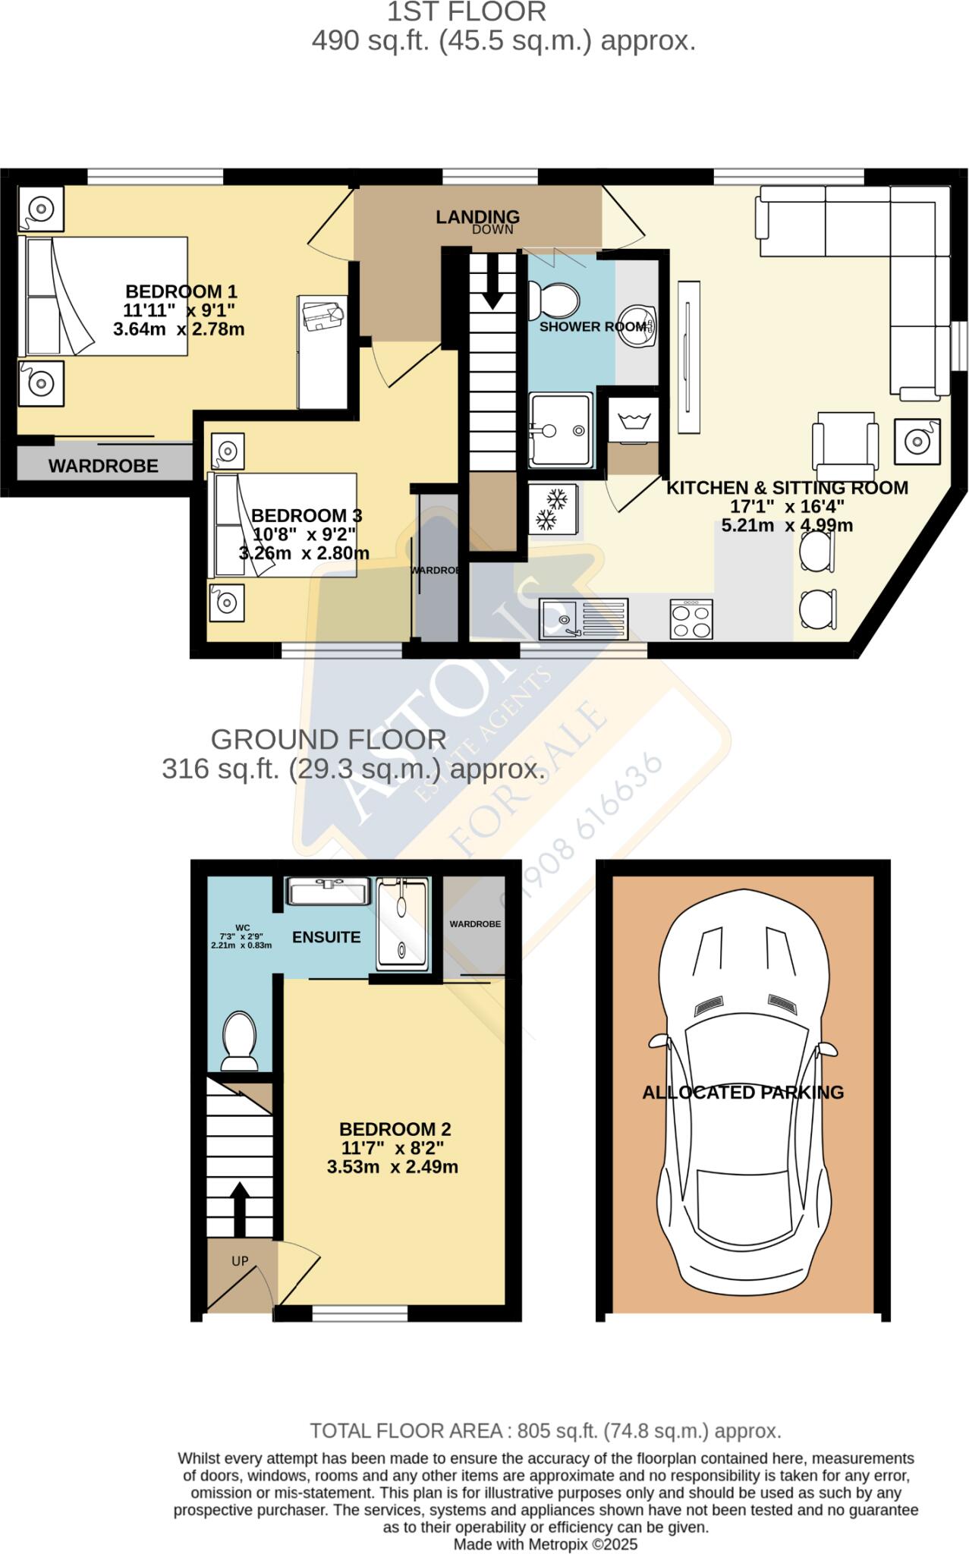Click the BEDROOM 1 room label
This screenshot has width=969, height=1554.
(181, 291)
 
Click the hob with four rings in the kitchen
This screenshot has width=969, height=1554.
(691, 618)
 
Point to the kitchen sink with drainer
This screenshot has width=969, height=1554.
(584, 618)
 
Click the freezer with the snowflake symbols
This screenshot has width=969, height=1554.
(553, 508)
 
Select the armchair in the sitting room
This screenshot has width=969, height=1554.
(845, 443)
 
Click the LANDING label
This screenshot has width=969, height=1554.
(477, 217)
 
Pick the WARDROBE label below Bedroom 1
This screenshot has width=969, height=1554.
(103, 466)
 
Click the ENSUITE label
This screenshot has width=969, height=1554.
(326, 937)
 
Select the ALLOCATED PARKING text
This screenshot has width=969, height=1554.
(743, 1093)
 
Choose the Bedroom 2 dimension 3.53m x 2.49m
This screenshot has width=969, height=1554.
(392, 1167)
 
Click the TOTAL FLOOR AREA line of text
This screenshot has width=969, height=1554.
(545, 1431)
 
